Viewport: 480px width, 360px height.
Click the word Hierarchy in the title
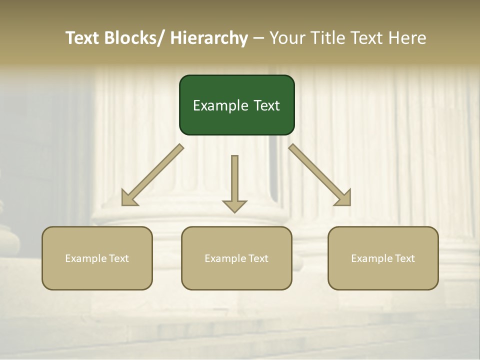pyautogui.click(x=209, y=38)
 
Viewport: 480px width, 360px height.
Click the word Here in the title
pyautogui.click(x=407, y=38)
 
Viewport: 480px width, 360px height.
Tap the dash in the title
pyautogui.click(x=258, y=38)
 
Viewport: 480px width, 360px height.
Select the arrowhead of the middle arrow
pyautogui.click(x=234, y=206)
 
